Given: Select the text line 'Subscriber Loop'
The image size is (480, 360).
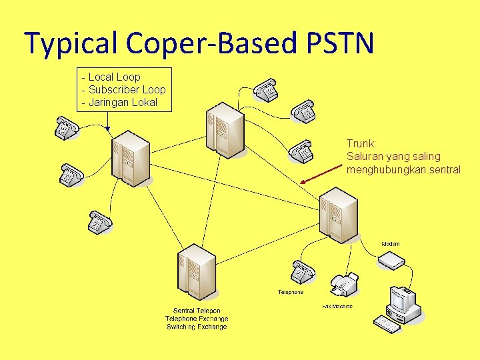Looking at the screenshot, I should (x=127, y=89).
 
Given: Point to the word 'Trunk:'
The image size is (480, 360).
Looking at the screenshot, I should (x=361, y=143).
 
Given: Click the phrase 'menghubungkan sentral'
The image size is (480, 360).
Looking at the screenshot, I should (x=403, y=169).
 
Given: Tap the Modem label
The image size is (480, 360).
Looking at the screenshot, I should (x=391, y=244).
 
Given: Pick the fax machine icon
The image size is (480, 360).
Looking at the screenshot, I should (x=343, y=285).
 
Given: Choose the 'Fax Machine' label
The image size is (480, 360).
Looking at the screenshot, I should (x=337, y=306).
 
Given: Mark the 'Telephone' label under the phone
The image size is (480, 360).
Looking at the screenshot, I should (x=291, y=292).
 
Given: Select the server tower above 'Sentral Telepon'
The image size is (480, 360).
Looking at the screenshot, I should (x=197, y=272).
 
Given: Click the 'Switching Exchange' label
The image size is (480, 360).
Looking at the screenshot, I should (x=197, y=327).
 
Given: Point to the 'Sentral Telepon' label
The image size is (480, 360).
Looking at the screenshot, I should (x=197, y=311).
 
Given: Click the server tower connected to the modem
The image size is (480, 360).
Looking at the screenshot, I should (x=339, y=215).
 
